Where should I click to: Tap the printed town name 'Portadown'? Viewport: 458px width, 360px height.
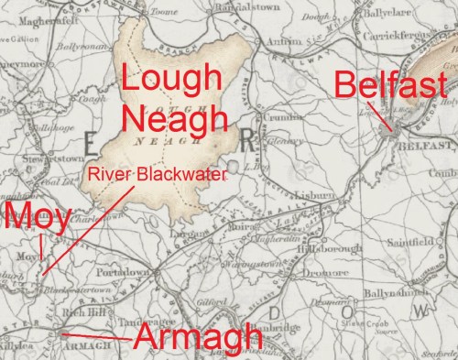[123, 272]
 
